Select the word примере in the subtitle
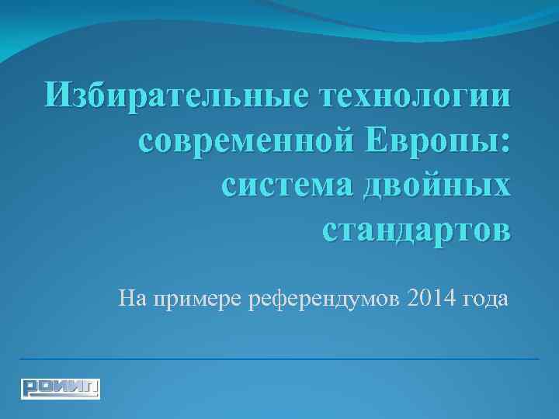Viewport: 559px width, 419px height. [x=199, y=298]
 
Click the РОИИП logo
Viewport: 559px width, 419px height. [x=61, y=387]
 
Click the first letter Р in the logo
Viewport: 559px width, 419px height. [x=30, y=387]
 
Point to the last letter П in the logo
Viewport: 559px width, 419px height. [x=91, y=387]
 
